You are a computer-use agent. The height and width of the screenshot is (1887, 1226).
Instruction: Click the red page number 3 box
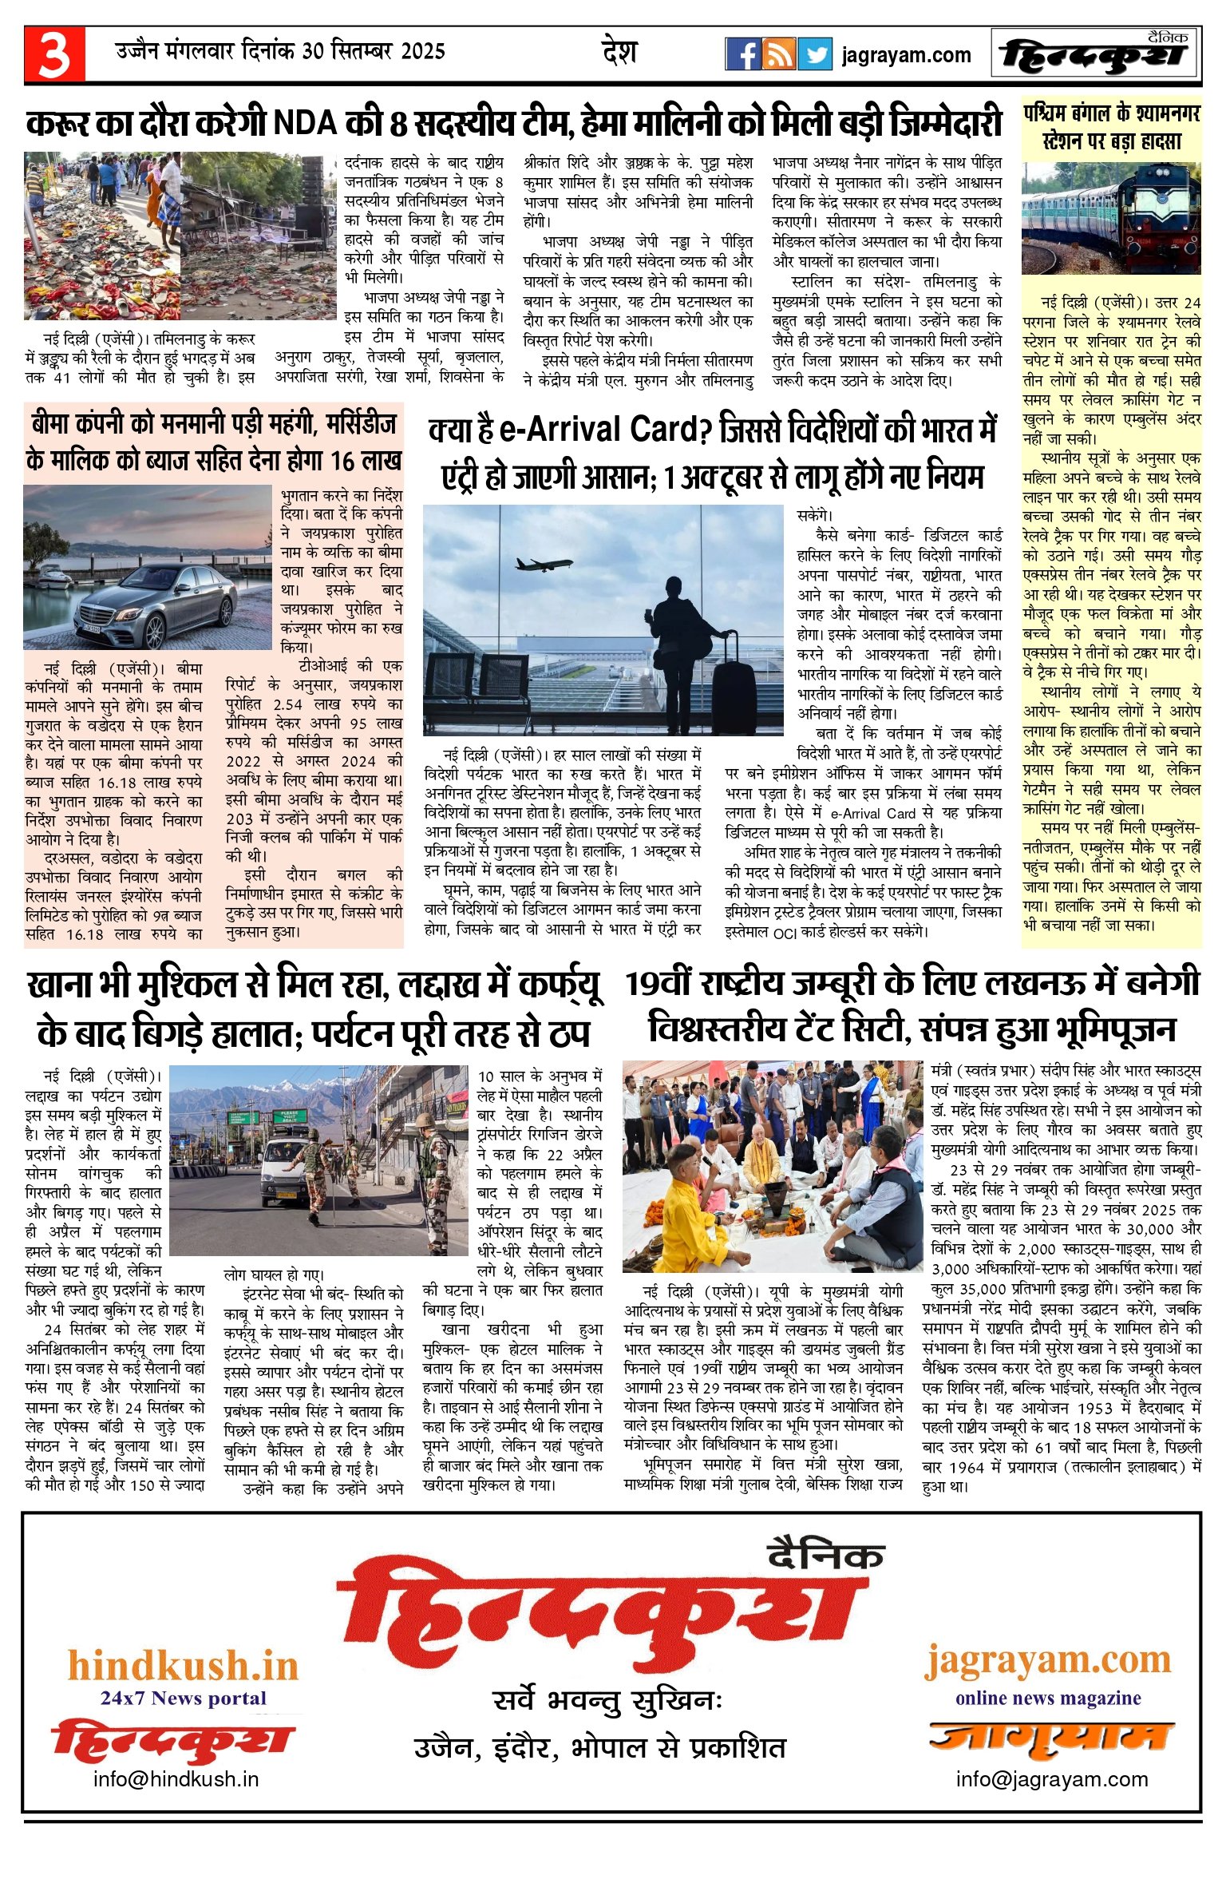pyautogui.click(x=54, y=54)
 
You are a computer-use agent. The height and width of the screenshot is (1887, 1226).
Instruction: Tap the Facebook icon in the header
pyautogui.click(x=742, y=54)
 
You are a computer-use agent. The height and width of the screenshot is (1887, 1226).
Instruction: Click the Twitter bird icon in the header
pyautogui.click(x=815, y=54)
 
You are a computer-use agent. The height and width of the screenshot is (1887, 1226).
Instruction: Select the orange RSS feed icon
pyautogui.click(x=778, y=54)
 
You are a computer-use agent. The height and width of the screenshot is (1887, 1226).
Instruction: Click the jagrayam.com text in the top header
pyautogui.click(x=906, y=55)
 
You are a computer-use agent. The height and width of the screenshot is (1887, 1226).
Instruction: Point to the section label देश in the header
pyautogui.click(x=619, y=53)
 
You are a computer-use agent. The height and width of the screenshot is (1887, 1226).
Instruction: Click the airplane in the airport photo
pyautogui.click(x=544, y=564)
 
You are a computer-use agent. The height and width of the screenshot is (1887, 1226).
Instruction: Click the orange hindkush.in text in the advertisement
pyautogui.click(x=183, y=1667)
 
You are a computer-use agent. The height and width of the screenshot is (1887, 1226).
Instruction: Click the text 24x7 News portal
pyautogui.click(x=183, y=1699)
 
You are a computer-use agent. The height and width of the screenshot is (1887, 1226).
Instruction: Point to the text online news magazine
pyautogui.click(x=1047, y=1699)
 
